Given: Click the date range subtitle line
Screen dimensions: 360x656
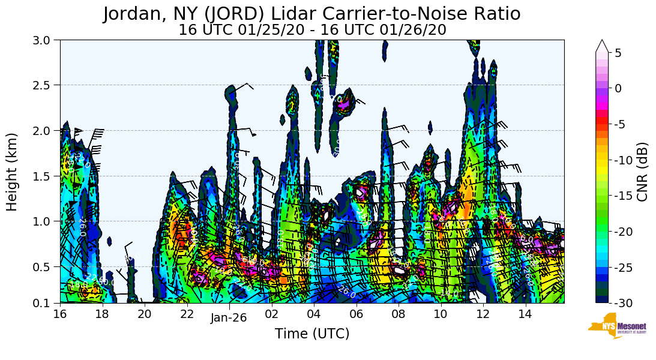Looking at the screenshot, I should (312, 30).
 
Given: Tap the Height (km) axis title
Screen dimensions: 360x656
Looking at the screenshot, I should (12, 172).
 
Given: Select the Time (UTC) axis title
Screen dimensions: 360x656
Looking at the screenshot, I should (312, 334).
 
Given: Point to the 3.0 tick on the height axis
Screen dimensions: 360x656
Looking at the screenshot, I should (45, 40).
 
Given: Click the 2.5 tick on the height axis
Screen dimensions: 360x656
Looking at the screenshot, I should (45, 85).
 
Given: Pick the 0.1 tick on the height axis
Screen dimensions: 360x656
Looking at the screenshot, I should (45, 303).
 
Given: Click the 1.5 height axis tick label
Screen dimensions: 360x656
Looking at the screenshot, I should (45, 176).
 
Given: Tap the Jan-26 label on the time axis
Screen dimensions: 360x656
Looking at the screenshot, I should (228, 319).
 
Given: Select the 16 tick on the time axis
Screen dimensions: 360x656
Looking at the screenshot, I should (60, 314).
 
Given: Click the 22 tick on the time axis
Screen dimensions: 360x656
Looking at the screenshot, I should (187, 314).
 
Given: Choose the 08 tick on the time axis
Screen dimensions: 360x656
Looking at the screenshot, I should (398, 314).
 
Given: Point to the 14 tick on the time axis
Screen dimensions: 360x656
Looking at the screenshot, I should (525, 314).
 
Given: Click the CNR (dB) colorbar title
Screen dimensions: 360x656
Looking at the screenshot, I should (642, 172).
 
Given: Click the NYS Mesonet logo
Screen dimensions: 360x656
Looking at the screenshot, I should (613, 326).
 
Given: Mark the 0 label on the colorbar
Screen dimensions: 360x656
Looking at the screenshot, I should (619, 88).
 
